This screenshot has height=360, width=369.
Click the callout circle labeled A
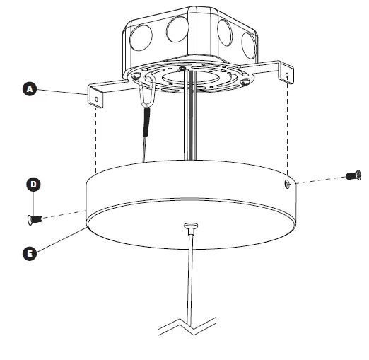pyautogui.click(x=29, y=89)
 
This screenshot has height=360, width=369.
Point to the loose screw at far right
pyautogui.click(x=353, y=175)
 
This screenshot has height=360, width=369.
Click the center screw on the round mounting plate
pyautogui.click(x=183, y=69)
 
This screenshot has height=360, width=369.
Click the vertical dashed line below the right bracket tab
pyautogui.click(x=286, y=127)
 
